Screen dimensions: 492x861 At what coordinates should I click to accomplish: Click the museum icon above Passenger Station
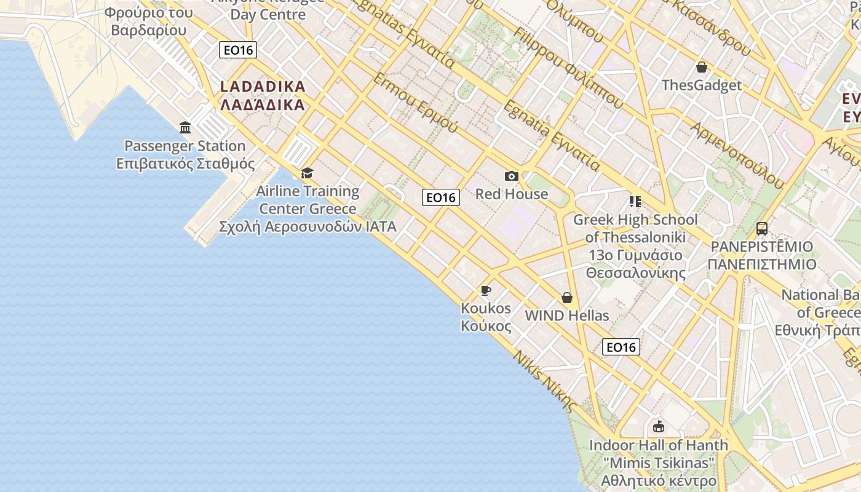coord(185,128)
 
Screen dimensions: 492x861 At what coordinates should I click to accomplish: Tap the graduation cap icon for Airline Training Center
coord(307,173)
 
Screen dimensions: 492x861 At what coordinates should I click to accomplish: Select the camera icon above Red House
coord(511,177)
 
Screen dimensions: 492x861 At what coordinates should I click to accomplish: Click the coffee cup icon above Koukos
coord(486,290)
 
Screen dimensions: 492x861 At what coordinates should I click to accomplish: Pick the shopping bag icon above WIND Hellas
coord(567,298)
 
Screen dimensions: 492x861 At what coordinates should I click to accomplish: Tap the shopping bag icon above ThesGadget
coord(701,67)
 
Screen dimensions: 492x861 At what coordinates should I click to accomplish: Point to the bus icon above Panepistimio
coord(762,229)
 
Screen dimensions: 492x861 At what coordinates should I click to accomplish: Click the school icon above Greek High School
coord(635,202)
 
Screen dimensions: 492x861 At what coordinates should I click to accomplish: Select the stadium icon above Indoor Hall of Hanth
coord(659,426)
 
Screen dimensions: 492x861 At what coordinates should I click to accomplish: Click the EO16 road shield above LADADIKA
coord(238,50)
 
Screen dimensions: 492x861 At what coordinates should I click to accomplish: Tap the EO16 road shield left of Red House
coord(441,197)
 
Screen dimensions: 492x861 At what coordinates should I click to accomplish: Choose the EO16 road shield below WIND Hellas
coord(621,347)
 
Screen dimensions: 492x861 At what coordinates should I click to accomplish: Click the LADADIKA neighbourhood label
coord(263,95)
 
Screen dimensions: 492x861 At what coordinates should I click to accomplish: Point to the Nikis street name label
coord(545,381)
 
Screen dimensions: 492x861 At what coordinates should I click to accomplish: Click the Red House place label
coord(512,194)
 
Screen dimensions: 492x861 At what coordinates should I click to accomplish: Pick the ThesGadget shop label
coord(702,85)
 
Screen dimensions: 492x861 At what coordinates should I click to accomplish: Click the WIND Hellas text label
coord(567,316)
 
